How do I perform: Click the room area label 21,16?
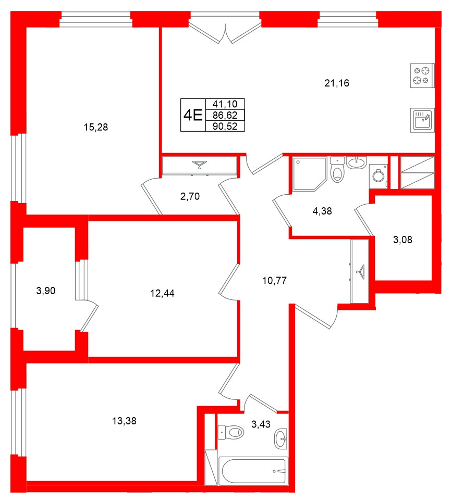point(336,83)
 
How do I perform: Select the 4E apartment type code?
point(192,115)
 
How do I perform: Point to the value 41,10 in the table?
point(225,104)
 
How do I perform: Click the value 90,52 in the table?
point(225,126)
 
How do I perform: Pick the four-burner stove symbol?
point(422,75)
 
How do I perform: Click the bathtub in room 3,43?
point(254,471)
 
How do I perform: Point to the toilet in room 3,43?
point(231,432)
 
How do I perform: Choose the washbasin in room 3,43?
point(280,439)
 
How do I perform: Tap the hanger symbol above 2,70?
point(199,166)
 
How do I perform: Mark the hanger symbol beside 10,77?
point(360,271)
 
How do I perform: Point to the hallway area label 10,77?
point(274,281)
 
